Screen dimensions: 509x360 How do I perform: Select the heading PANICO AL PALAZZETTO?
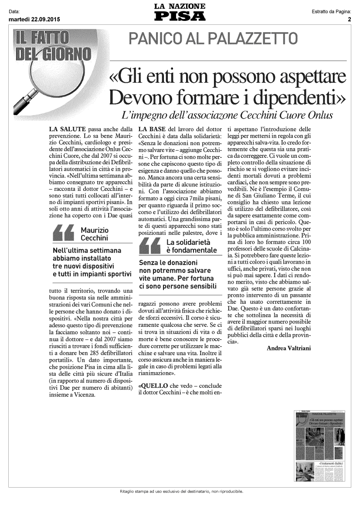click(x=213, y=39)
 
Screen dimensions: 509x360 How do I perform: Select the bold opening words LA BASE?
click(x=151, y=129)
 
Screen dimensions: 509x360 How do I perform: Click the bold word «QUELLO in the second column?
click(x=150, y=386)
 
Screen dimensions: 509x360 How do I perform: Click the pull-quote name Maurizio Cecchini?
click(x=95, y=234)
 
